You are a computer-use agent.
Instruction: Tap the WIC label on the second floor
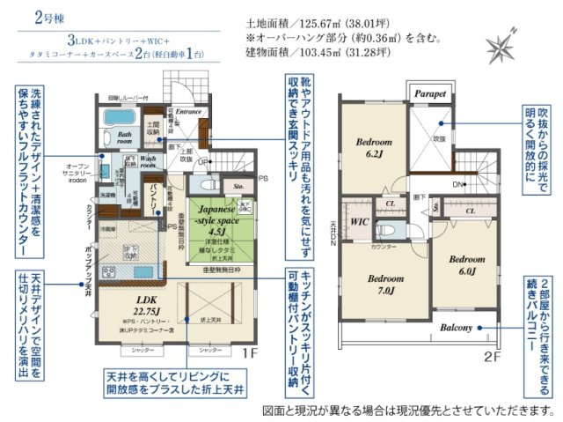point(359,221)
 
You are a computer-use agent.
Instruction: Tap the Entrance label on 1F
point(189,112)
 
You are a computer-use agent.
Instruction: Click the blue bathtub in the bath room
point(116,118)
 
